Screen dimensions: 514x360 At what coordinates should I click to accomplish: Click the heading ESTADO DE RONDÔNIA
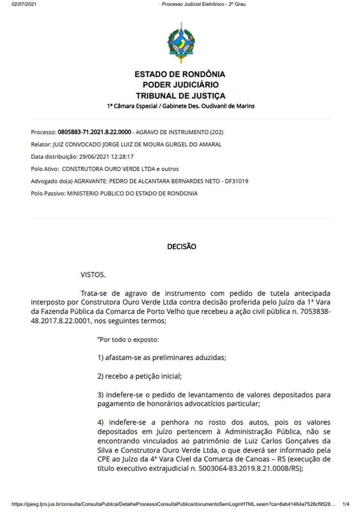[x=180, y=74]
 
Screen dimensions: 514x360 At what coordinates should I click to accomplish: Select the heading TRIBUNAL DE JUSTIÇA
[x=180, y=96]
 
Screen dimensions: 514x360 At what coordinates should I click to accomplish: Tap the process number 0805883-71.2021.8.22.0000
[x=94, y=132]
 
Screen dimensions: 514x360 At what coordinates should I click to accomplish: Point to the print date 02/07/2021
[x=24, y=4]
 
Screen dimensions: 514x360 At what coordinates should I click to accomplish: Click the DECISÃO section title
[x=181, y=246]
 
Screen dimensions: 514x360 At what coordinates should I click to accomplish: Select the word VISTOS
[x=93, y=274]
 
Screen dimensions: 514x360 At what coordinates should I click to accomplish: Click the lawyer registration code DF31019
[x=236, y=181]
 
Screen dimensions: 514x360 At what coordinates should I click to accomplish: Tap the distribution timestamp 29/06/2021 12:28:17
[x=106, y=157]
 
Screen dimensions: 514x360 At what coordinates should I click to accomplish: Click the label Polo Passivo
[x=48, y=193]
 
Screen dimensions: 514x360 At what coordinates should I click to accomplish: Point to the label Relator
[x=41, y=144]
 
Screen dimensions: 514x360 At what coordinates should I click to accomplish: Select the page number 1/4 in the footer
[x=346, y=504]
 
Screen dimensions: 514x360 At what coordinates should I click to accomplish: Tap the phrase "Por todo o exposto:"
[x=128, y=340]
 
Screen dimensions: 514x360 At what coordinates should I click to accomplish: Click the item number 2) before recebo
[x=100, y=376]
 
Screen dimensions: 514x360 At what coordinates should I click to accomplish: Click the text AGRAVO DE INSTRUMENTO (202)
[x=179, y=132]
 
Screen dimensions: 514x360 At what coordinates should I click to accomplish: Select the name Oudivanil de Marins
[x=228, y=106]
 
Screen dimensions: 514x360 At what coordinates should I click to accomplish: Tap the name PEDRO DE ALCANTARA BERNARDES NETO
[x=164, y=181]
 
